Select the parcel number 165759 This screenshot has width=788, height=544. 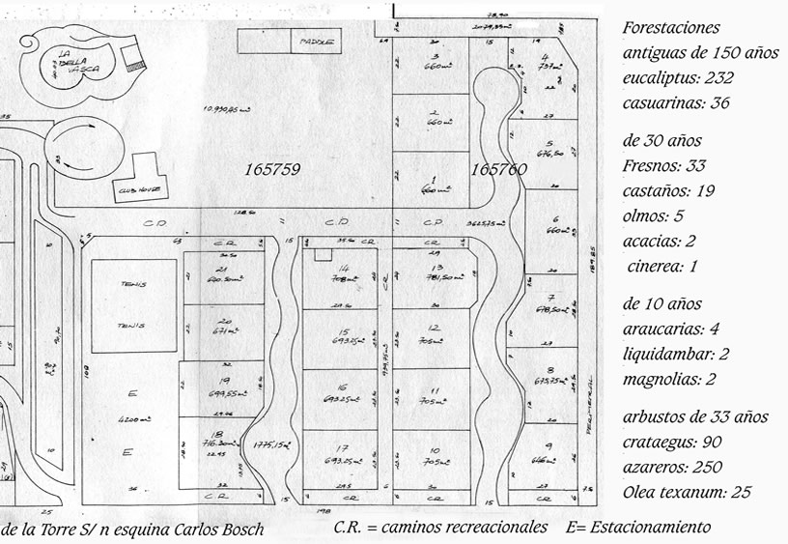[272, 169]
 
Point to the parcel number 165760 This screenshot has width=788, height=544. [499, 169]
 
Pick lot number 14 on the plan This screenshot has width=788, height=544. [342, 267]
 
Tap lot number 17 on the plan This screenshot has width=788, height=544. [342, 448]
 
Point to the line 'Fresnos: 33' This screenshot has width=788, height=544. [664, 165]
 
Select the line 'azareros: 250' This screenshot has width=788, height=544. [672, 467]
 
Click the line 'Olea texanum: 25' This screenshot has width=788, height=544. [688, 492]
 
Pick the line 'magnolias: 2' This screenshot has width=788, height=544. [668, 379]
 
